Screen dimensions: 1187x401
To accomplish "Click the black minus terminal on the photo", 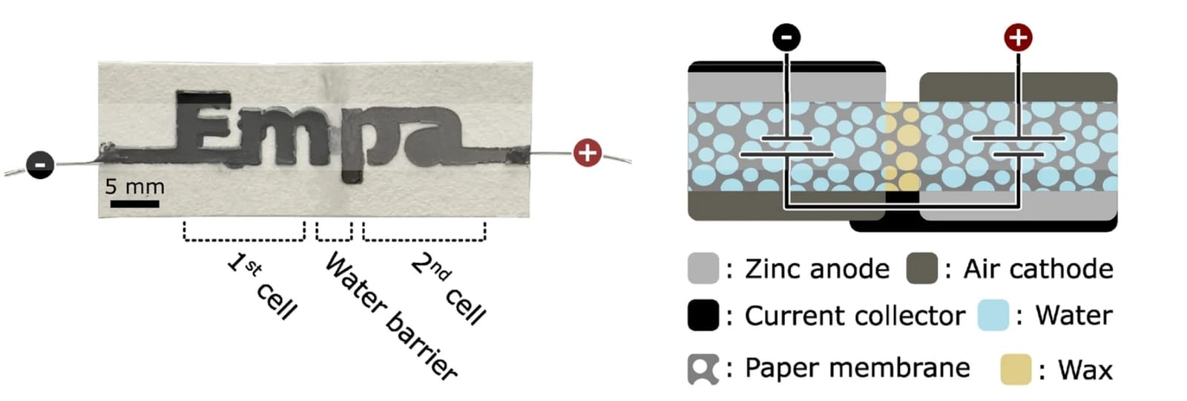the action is (x=40, y=164).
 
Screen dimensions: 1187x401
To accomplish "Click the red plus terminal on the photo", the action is (x=587, y=153).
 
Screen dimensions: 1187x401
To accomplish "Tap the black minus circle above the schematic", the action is (x=786, y=38).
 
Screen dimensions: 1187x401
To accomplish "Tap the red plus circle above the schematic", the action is (x=1019, y=38).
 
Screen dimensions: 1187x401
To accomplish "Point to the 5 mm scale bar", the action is (x=134, y=204).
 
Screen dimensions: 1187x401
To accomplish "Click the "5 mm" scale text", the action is (x=134, y=186).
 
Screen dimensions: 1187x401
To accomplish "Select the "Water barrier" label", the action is (x=391, y=316).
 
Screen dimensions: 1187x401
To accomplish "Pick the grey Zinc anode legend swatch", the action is (x=703, y=268).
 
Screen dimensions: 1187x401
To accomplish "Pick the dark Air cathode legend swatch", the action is (x=922, y=268).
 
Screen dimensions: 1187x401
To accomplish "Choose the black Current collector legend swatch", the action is (x=703, y=315).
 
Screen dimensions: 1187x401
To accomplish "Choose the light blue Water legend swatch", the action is (x=993, y=315).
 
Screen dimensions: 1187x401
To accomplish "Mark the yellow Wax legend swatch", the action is (x=1016, y=369).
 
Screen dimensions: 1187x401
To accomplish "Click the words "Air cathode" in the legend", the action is (x=1038, y=269).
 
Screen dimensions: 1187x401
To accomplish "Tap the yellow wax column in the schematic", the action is (x=902, y=146).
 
